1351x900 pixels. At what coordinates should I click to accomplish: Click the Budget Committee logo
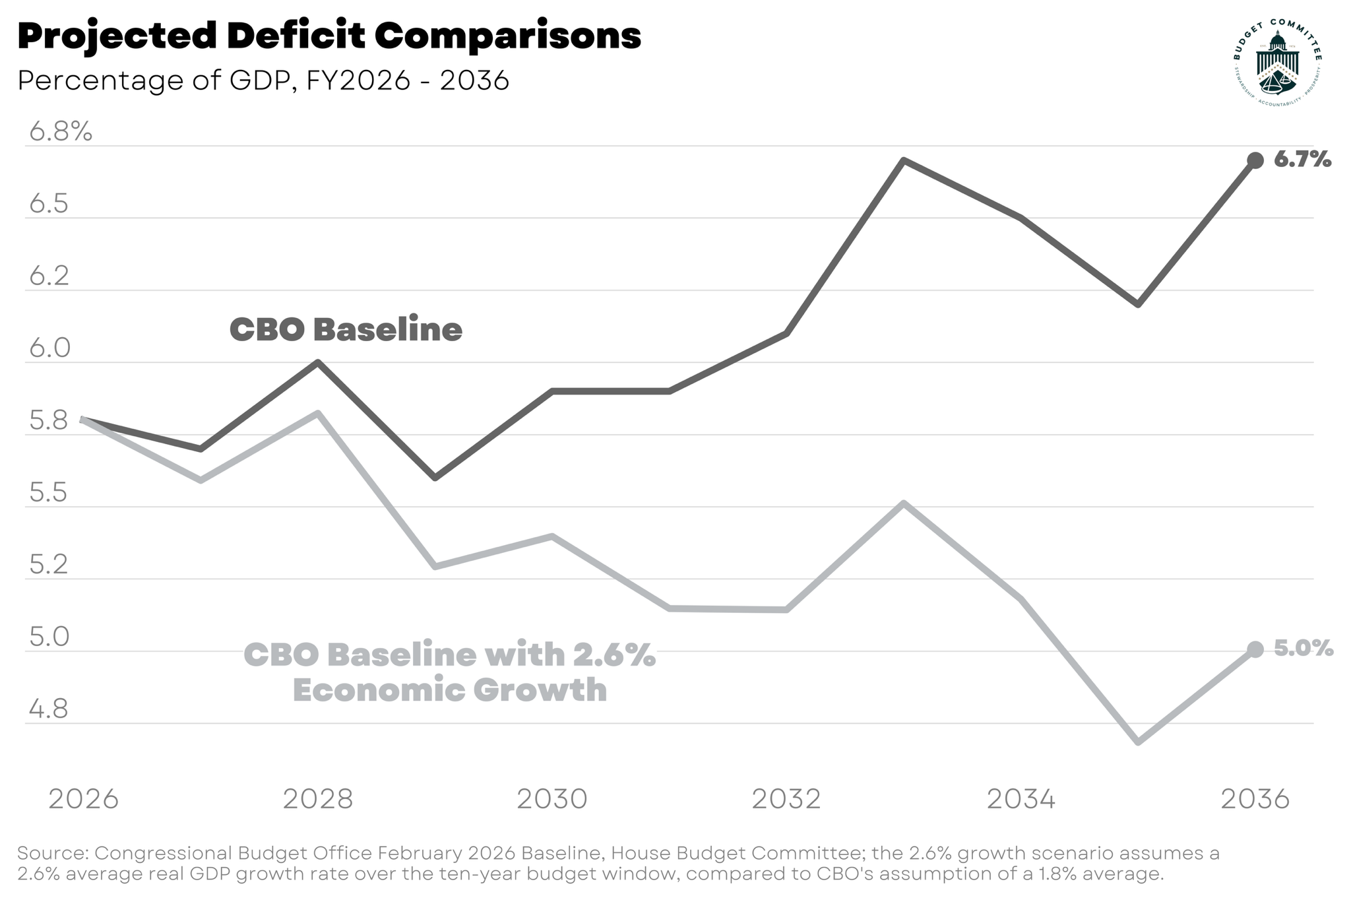click(x=1277, y=63)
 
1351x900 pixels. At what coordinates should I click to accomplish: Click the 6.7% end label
click(x=1302, y=159)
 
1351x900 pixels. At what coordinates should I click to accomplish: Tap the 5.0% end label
click(x=1303, y=649)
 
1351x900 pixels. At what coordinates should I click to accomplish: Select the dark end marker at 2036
click(x=1255, y=160)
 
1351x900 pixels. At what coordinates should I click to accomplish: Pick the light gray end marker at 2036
click(x=1255, y=650)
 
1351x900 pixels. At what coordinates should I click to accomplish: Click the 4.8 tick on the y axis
click(x=49, y=710)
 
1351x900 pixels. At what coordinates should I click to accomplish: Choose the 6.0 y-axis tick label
click(x=49, y=349)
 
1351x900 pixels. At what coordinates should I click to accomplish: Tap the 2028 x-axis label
click(x=318, y=799)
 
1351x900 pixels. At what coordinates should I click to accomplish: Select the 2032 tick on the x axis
click(x=786, y=799)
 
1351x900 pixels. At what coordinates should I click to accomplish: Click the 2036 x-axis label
click(x=1255, y=799)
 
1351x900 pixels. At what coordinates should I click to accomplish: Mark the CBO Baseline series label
click(x=346, y=329)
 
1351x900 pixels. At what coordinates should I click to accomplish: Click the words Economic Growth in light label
click(x=449, y=690)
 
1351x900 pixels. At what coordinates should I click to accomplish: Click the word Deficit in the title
click(x=295, y=36)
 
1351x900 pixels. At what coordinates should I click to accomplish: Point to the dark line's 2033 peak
click(x=904, y=160)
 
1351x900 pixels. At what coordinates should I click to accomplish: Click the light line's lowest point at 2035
click(x=1139, y=742)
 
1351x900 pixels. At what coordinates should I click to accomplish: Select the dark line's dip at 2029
click(x=435, y=477)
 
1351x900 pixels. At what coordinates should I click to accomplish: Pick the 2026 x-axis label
click(x=84, y=799)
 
